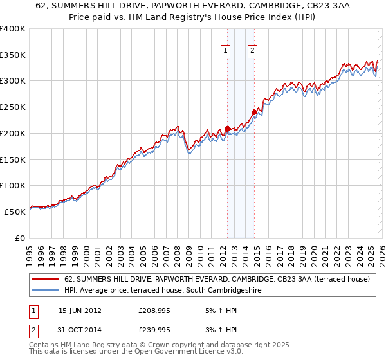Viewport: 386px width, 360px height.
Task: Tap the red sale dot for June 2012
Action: point(227,129)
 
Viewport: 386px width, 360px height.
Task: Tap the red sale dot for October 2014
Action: point(254,112)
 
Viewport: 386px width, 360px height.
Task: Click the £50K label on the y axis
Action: point(15,212)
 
